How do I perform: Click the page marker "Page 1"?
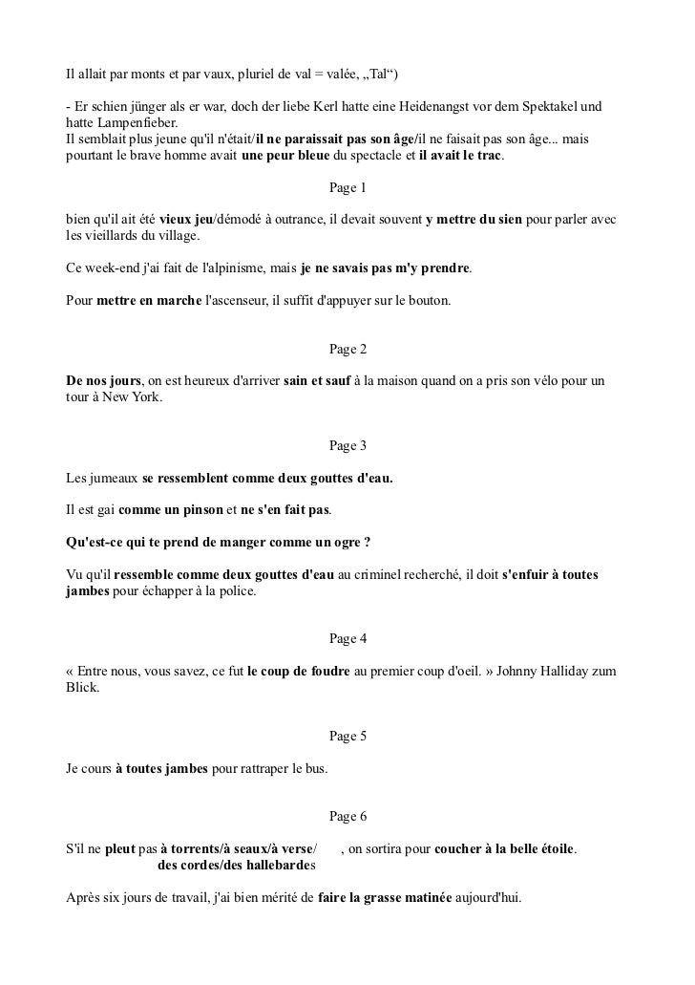tap(347, 187)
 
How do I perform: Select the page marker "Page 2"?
tap(347, 349)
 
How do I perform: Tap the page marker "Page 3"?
tap(347, 445)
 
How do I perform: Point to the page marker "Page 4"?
tap(347, 638)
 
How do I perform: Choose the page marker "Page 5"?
tap(347, 736)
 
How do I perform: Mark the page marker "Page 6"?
tap(347, 816)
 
